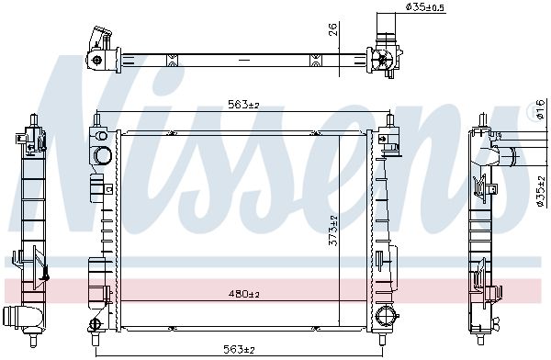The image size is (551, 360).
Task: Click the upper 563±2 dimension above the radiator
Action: tap(243, 105)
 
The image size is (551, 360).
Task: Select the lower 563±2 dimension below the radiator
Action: tap(239, 350)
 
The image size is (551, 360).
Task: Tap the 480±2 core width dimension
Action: tap(243, 294)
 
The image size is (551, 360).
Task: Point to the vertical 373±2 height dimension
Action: tap(333, 231)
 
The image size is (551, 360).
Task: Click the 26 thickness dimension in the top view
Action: tap(333, 29)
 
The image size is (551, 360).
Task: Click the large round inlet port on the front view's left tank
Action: tap(103, 155)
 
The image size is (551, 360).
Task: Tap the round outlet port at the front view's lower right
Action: tap(386, 315)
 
